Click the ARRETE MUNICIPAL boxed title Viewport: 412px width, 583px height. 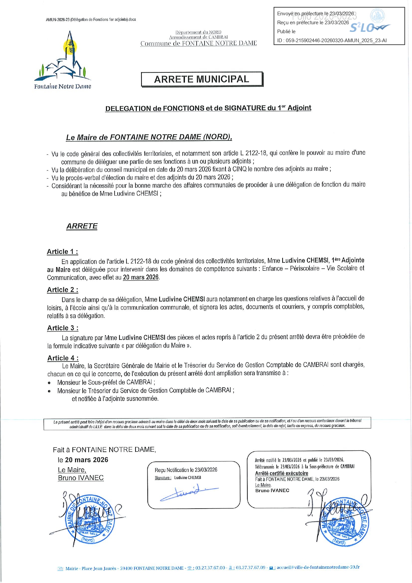point(202,79)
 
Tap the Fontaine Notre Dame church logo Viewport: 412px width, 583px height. point(62,60)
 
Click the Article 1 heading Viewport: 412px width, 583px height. point(62,252)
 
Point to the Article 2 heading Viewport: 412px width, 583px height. point(62,290)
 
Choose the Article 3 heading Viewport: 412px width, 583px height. point(63,328)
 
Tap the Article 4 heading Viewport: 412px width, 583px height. point(63,358)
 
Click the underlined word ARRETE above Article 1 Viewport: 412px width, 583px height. point(82,226)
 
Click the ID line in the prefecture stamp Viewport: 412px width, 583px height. point(332,41)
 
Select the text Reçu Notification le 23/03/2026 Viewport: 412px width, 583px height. point(186,470)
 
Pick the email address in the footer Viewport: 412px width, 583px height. point(318,567)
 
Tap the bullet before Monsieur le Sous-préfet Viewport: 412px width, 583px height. point(49,383)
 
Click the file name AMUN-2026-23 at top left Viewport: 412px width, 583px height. point(91,20)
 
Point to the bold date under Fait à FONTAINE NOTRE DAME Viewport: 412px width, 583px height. point(86,460)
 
